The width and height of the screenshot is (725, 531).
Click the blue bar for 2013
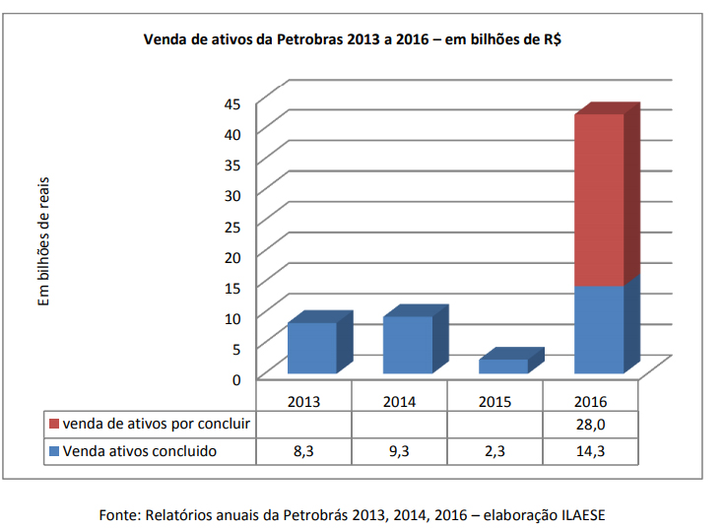[311, 348]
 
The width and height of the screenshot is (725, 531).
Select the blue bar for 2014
[407, 345]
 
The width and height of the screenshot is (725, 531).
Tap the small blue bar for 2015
[502, 365]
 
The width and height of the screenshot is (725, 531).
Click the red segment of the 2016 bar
[599, 200]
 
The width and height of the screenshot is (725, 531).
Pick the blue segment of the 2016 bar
[599, 330]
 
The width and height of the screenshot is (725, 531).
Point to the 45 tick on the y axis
[233, 102]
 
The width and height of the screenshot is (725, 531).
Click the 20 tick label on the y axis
[233, 256]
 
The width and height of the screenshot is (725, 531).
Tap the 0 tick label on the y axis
[237, 378]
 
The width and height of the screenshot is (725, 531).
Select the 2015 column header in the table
[494, 402]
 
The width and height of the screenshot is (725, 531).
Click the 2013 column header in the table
[303, 402]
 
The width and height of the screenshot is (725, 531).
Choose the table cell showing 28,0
[590, 426]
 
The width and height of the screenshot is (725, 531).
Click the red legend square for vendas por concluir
[53, 426]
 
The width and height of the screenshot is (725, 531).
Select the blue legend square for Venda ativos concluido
[53, 451]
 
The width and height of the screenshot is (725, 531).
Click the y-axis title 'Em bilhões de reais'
[44, 241]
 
